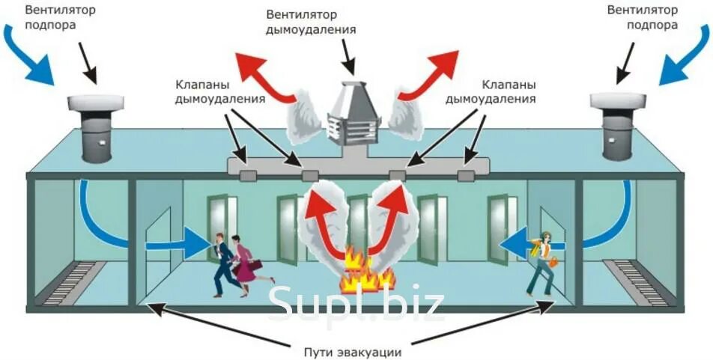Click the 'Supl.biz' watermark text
(356, 303)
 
